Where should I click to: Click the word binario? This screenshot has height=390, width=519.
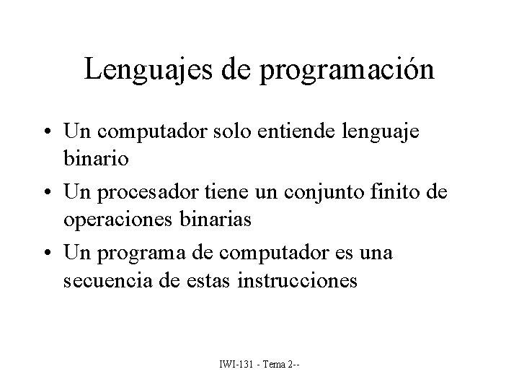[97, 160]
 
